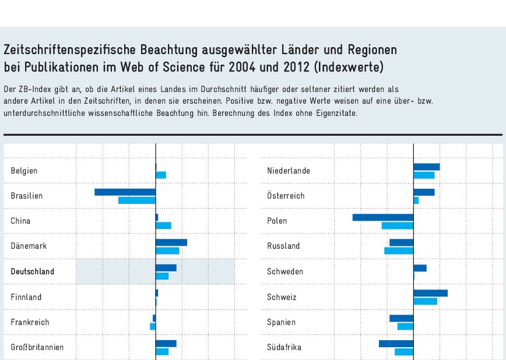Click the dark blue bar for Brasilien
coord(125,192)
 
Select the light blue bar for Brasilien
coord(137,200)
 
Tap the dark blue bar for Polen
coord(383,217)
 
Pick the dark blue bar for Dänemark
coord(171,242)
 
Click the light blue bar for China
coord(163,225)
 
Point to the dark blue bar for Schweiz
coord(430,293)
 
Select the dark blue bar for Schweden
coord(420,268)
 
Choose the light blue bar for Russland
coord(399,250)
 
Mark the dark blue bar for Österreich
coord(424,192)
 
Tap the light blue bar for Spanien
coord(405,326)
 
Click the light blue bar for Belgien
coord(161,175)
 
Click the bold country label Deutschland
coord(32,271)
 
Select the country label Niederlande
coord(289,171)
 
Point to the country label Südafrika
coord(284,347)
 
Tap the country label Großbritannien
coord(37,347)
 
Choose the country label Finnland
coord(26,297)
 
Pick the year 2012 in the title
coord(297,67)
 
